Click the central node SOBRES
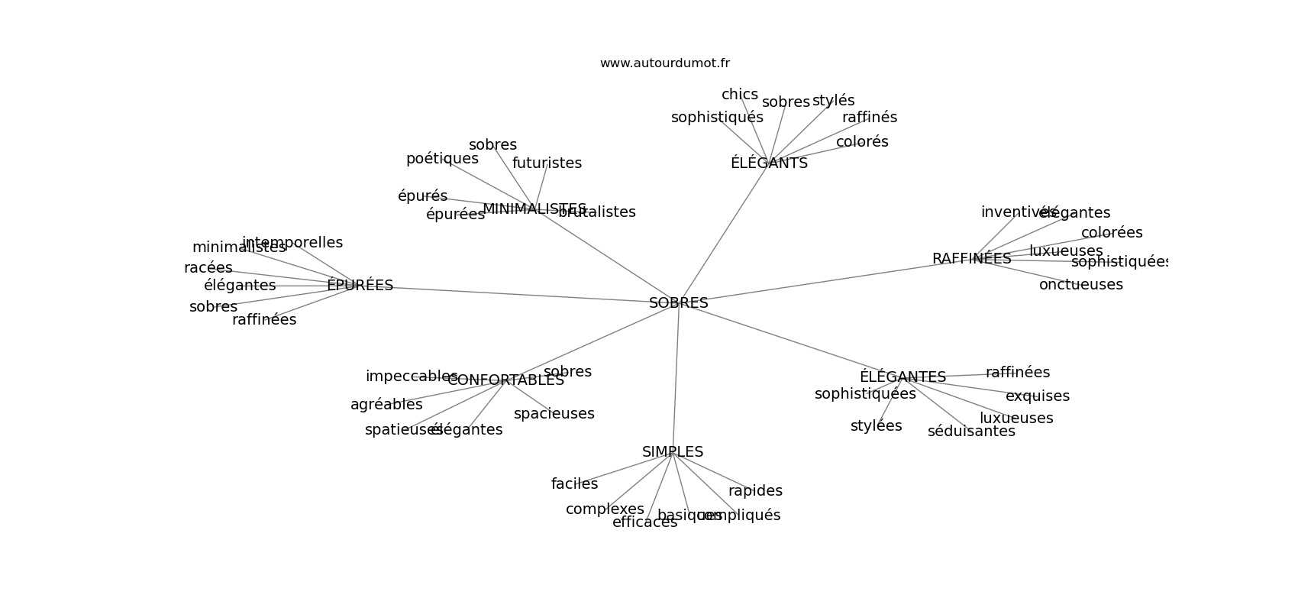pos(678,303)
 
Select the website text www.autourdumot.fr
pos(664,63)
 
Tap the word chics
pos(739,95)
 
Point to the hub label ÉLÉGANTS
pos(768,163)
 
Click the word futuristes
pos(547,163)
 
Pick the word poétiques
pos(442,159)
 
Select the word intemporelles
pos(292,243)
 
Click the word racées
pos(208,268)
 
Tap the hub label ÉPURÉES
pos(360,286)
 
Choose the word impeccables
pos(411,377)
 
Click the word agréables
pos(386,405)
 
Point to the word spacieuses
pos(554,414)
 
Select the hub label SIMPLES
pos(672,452)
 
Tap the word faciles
pos(574,484)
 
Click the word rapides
pos(755,491)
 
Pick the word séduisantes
pos(971,432)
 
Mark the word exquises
pos(1037,396)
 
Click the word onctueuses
pos(1080,285)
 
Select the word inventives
pos(1015,212)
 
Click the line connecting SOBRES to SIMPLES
pos(676,378)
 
